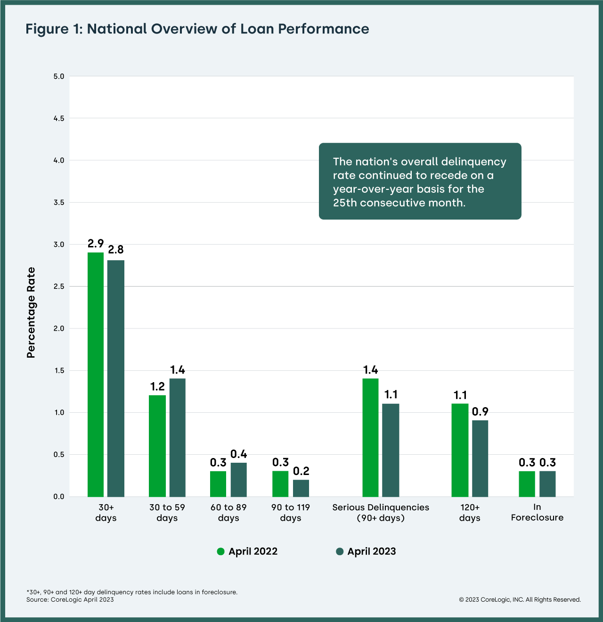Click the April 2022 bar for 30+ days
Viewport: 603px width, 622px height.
pyautogui.click(x=96, y=375)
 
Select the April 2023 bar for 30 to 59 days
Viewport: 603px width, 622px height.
pyautogui.click(x=178, y=437)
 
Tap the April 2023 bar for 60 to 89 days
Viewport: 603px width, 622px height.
pyautogui.click(x=239, y=480)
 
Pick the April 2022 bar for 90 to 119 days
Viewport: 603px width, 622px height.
pyautogui.click(x=280, y=483)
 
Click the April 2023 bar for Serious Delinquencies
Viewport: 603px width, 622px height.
pyautogui.click(x=391, y=450)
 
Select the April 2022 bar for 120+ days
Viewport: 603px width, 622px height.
pyautogui.click(x=460, y=450)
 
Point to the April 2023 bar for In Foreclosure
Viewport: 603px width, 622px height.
pyautogui.click(x=547, y=483)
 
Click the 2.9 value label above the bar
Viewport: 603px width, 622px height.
pyautogui.click(x=96, y=244)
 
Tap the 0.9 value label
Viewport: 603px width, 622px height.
pyautogui.click(x=480, y=411)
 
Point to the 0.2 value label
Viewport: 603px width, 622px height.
pyautogui.click(x=301, y=471)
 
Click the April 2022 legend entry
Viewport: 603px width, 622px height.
pyautogui.click(x=247, y=551)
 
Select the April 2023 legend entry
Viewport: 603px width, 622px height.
pyautogui.click(x=366, y=551)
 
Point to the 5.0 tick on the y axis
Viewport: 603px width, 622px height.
pyautogui.click(x=59, y=76)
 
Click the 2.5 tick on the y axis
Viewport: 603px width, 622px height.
pyautogui.click(x=59, y=286)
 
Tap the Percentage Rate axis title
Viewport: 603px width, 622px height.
pyautogui.click(x=31, y=312)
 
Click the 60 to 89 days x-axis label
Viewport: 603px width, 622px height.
pyautogui.click(x=228, y=512)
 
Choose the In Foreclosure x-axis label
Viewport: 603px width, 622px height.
pyautogui.click(x=537, y=512)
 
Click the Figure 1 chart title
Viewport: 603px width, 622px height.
pyautogui.click(x=197, y=29)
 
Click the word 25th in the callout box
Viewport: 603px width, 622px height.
pyautogui.click(x=345, y=203)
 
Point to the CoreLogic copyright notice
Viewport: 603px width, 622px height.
pyautogui.click(x=520, y=599)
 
